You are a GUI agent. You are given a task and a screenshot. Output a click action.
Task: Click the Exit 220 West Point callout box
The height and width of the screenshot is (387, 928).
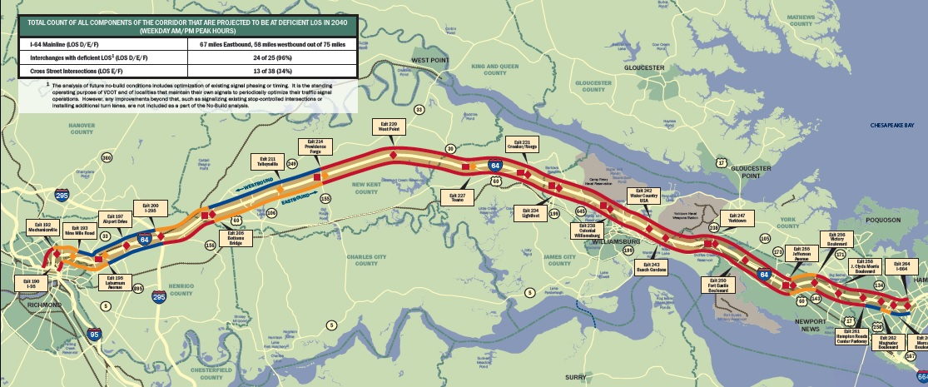(x=389, y=127)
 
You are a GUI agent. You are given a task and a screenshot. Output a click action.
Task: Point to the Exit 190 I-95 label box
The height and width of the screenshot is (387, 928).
(x=32, y=285)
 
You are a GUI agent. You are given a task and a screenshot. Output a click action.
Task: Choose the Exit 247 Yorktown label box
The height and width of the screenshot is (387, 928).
(x=736, y=218)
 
